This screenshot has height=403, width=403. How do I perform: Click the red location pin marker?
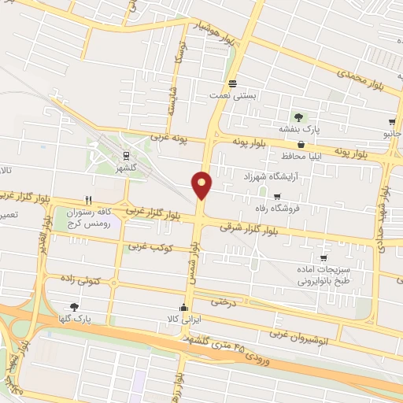pyautogui.click(x=201, y=186)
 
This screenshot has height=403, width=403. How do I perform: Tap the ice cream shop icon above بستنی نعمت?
pyautogui.click(x=232, y=83)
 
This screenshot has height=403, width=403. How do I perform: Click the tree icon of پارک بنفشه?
pyautogui.click(x=298, y=116)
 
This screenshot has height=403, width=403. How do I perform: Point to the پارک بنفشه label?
pyautogui.click(x=297, y=128)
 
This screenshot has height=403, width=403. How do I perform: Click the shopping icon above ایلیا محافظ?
pyautogui.click(x=301, y=144)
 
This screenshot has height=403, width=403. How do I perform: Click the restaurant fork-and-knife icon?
pyautogui.click(x=89, y=201)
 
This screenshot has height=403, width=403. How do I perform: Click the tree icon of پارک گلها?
pyautogui.click(x=74, y=306)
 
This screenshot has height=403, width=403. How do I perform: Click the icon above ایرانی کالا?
pyautogui.click(x=183, y=307)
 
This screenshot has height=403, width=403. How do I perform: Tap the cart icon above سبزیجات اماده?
pyautogui.click(x=323, y=257)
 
